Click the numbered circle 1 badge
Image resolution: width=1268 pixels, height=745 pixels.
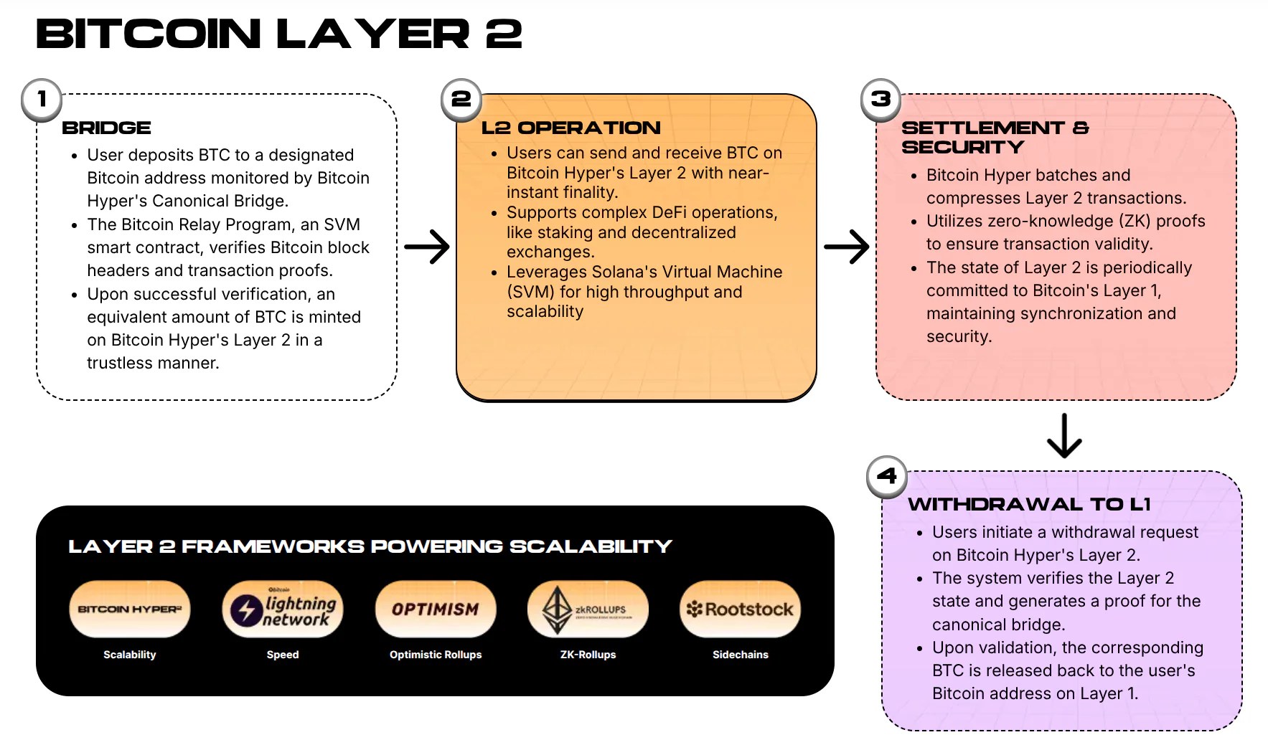[42, 99]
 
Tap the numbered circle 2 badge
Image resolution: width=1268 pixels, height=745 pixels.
[461, 99]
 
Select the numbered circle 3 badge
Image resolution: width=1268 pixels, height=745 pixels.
[880, 99]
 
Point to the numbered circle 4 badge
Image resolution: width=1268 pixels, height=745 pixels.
[887, 476]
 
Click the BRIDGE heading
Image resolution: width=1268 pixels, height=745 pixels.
[106, 128]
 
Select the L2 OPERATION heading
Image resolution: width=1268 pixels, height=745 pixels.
[570, 128]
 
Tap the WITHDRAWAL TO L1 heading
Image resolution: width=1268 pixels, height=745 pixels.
[1029, 504]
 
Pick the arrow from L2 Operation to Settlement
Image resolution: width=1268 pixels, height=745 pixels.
[846, 247]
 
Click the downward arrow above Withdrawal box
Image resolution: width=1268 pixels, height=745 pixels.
[1064, 436]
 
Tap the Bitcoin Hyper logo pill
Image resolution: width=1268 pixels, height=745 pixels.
[130, 609]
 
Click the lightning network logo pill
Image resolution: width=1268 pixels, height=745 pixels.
[283, 609]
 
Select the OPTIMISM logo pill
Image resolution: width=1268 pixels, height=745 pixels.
[436, 609]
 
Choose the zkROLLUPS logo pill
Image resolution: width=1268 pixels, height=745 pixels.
[588, 609]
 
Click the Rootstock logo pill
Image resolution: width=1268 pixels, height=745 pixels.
[740, 609]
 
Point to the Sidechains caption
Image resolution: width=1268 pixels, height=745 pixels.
[740, 655]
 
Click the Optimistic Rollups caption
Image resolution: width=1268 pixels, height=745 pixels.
[436, 655]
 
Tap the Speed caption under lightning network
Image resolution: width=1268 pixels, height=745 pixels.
[283, 655]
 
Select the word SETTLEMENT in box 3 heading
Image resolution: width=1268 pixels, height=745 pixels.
[982, 128]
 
